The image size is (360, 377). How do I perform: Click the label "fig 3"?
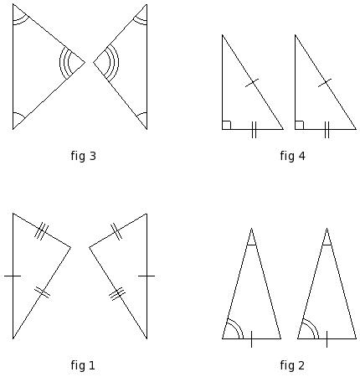click(x=83, y=156)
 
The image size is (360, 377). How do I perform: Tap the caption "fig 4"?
click(x=292, y=156)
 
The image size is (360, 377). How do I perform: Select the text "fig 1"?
click(x=83, y=365)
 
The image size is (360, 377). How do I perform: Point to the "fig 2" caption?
click(x=292, y=365)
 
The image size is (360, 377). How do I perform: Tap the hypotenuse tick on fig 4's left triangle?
click(x=252, y=83)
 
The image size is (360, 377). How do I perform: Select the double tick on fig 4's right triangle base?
click(x=327, y=130)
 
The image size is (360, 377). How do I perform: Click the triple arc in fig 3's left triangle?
click(x=64, y=63)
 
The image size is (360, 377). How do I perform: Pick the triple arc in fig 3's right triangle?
click(x=114, y=63)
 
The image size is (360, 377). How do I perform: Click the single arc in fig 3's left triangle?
click(x=20, y=114)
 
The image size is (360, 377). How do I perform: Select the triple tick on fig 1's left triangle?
click(x=41, y=230)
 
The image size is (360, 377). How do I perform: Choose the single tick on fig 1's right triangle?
click(x=147, y=276)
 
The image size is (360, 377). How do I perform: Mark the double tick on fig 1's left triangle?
click(x=42, y=292)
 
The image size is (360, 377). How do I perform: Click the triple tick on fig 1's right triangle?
click(x=117, y=294)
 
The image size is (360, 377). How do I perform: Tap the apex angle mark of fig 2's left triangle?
click(x=251, y=245)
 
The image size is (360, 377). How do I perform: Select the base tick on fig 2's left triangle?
click(x=251, y=339)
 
